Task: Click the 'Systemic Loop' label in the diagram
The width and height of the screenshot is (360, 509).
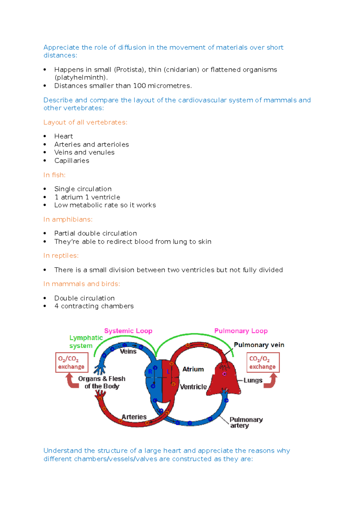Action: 128,331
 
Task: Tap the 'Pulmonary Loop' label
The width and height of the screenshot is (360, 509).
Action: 241,331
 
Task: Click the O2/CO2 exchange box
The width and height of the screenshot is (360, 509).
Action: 72,362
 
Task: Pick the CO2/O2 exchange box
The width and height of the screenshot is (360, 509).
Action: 263,362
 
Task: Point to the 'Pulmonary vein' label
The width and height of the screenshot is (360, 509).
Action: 259,345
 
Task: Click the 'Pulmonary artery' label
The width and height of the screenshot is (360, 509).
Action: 246,422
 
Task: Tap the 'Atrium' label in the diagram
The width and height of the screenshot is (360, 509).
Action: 193,369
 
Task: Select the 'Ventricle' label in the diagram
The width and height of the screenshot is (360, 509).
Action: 193,387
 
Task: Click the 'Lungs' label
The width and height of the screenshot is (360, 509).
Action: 253,380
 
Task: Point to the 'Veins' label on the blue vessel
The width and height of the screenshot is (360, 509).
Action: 128,351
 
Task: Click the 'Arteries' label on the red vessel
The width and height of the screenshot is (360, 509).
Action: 134,417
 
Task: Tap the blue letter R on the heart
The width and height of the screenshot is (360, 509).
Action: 150,372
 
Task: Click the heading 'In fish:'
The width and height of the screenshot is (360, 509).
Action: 54,175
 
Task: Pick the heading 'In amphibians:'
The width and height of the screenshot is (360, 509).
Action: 68,219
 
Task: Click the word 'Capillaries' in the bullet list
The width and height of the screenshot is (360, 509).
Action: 72,161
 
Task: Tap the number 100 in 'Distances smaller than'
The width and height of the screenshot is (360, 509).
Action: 139,86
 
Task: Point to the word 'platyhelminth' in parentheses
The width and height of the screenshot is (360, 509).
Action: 80,78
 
